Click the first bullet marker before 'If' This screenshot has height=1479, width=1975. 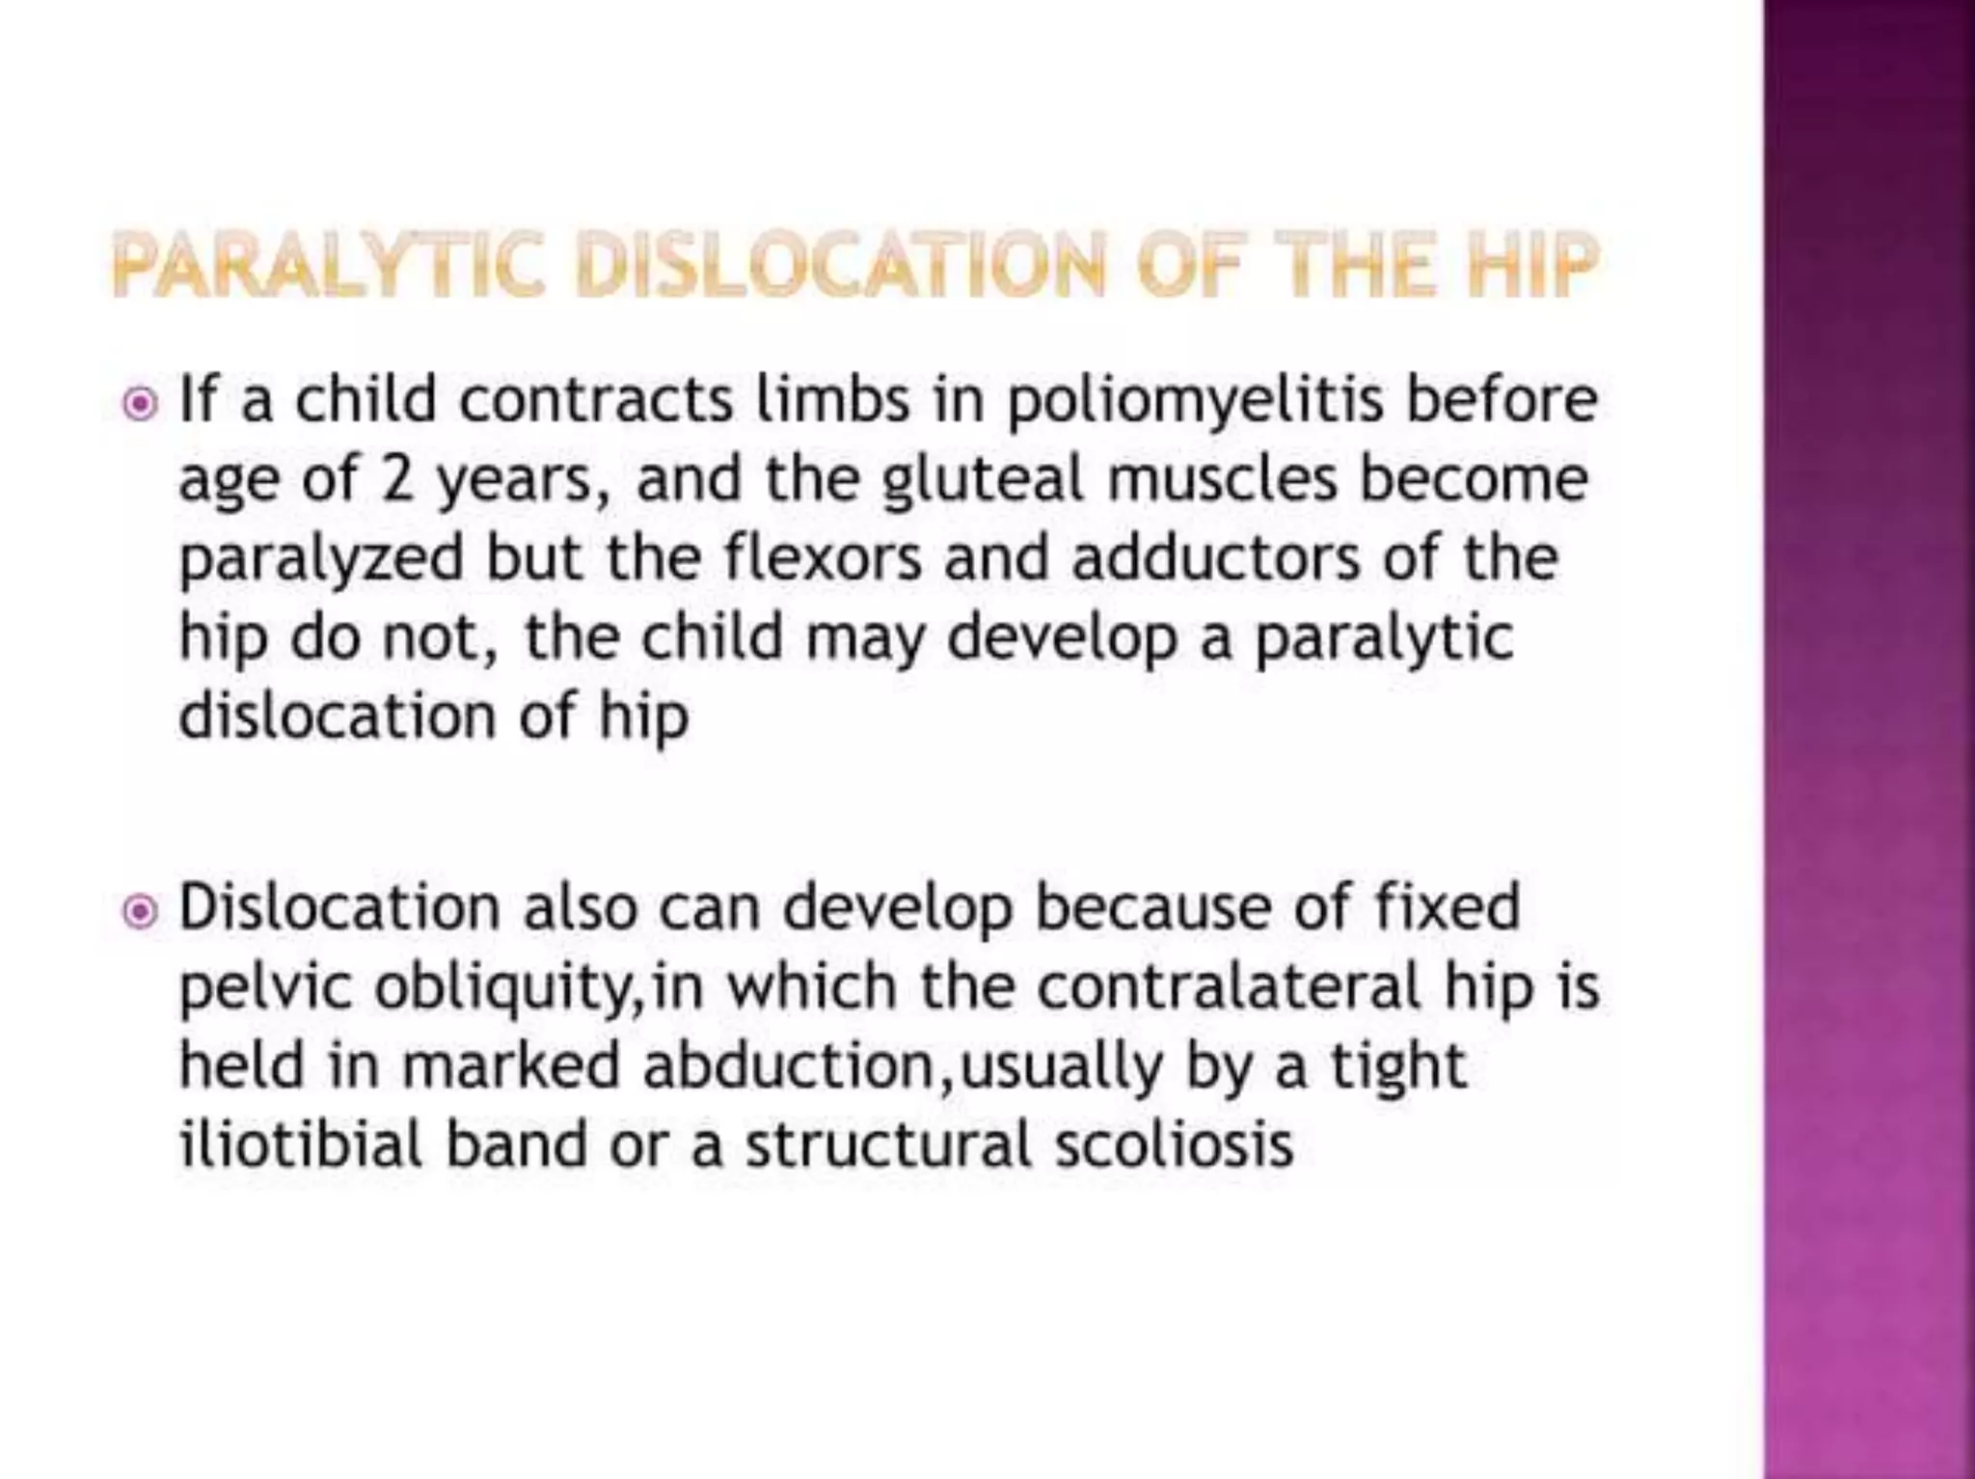(x=141, y=404)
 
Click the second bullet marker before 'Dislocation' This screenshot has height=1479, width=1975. (x=141, y=911)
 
